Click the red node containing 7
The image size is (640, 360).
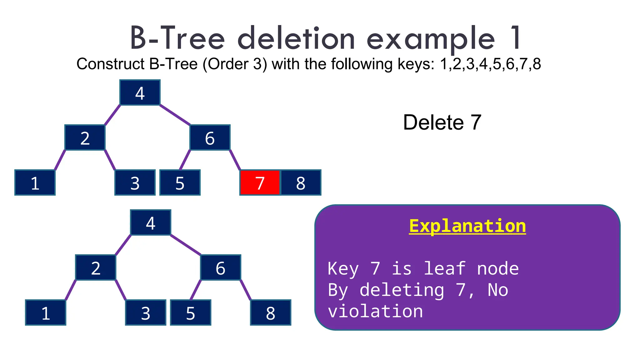pyautogui.click(x=260, y=183)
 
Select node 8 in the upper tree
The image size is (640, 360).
pyautogui.click(x=301, y=183)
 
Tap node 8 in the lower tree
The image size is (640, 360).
pyautogui.click(x=271, y=313)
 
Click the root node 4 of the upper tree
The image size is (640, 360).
pyautogui.click(x=140, y=93)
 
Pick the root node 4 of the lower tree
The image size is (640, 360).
pyautogui.click(x=151, y=223)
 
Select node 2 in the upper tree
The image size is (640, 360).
pyautogui.click(x=85, y=138)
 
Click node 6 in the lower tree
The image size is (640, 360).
pyautogui.click(x=221, y=268)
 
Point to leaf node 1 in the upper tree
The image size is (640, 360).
pyautogui.click(x=35, y=183)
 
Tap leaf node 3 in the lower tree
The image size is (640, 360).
pyautogui.click(x=146, y=313)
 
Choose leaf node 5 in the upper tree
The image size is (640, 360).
pyautogui.click(x=180, y=183)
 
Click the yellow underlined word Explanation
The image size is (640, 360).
pyautogui.click(x=467, y=226)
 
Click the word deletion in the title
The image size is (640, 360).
pyautogui.click(x=296, y=39)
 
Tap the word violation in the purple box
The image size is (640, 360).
pyautogui.click(x=375, y=312)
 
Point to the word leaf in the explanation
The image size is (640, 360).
pyautogui.click(x=444, y=269)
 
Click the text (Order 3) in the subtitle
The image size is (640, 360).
pyautogui.click(x=235, y=64)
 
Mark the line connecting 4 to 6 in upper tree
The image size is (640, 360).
pyautogui.click(x=175, y=115)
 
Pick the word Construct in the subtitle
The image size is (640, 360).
pyautogui.click(x=110, y=64)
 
